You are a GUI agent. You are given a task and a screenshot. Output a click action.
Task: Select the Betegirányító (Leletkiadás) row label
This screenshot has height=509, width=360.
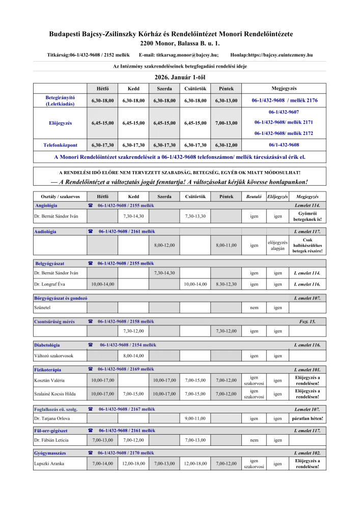60,100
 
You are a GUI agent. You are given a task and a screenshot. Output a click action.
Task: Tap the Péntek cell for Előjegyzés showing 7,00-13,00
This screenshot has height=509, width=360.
227,123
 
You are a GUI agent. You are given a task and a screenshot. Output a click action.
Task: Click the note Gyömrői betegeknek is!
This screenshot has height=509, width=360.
308,216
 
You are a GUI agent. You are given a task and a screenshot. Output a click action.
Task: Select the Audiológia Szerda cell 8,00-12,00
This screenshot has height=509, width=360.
164,245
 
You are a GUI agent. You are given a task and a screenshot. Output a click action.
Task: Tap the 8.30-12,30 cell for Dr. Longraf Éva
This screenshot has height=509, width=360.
227,284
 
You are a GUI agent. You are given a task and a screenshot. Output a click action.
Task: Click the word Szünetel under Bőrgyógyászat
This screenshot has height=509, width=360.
42,307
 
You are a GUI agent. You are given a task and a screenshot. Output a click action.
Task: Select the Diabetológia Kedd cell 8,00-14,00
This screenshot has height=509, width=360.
133,356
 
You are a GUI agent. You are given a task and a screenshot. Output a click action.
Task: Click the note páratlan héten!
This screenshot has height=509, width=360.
308,418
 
